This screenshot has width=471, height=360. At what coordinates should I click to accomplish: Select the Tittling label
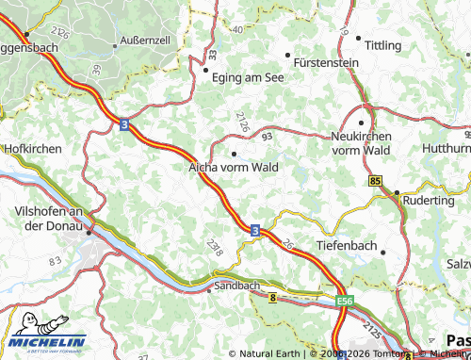pos(382,45)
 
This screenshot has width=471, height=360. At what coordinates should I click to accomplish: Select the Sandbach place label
pos(237,284)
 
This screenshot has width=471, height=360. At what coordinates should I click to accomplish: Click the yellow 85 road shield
pos(376,179)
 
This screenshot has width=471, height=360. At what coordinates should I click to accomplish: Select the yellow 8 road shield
pos(272,298)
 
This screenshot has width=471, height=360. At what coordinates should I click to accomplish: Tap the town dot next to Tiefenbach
pos(384,251)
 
